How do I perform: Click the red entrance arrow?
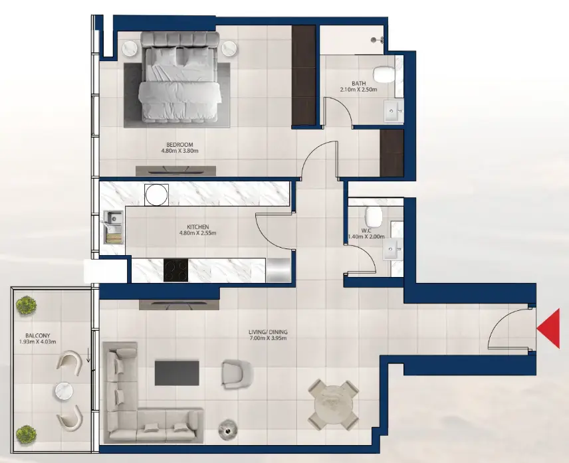click(x=548, y=330)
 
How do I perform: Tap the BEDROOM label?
click(x=180, y=144)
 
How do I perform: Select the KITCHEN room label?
click(x=199, y=227)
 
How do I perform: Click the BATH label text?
click(x=358, y=83)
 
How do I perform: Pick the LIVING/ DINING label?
click(x=269, y=331)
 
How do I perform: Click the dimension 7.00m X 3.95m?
click(x=269, y=339)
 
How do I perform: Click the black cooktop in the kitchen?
click(x=176, y=270)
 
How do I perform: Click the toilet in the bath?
click(x=384, y=73)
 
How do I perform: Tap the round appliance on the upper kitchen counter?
click(x=157, y=195)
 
